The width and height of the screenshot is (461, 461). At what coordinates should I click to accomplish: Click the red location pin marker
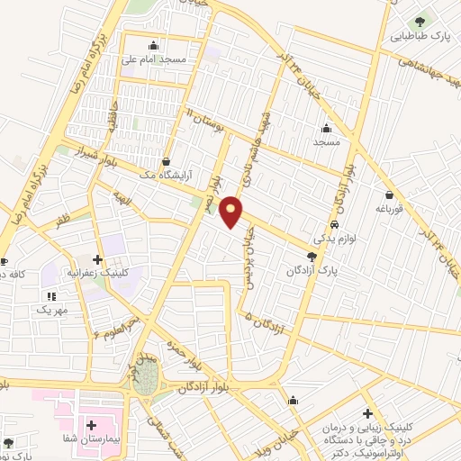pyautogui.click(x=232, y=212)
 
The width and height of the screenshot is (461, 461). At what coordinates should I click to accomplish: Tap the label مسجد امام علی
pyautogui.click(x=156, y=60)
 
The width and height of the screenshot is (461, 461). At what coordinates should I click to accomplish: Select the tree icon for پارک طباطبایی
pyautogui.click(x=420, y=21)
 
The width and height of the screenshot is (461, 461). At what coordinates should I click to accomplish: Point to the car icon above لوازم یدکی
pyautogui.click(x=334, y=225)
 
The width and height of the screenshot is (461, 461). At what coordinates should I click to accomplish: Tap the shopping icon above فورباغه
pyautogui.click(x=389, y=194)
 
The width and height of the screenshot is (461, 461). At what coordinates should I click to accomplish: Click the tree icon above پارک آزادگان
pyautogui.click(x=312, y=257)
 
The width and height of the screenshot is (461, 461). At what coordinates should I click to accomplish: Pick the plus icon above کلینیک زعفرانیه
pyautogui.click(x=96, y=259)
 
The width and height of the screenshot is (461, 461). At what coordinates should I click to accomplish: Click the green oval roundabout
pyautogui.click(x=147, y=377)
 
